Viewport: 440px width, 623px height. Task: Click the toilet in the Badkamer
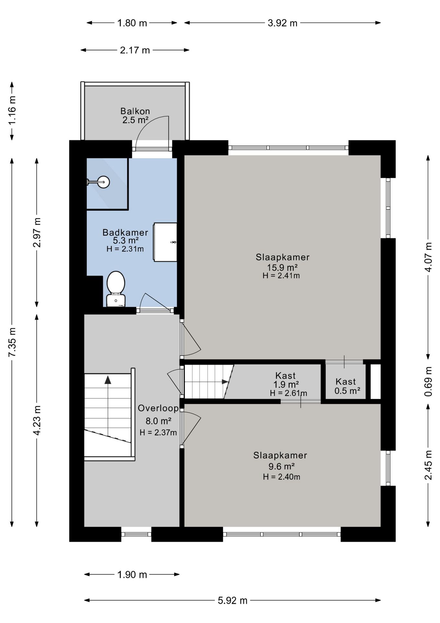pyautogui.click(x=116, y=289)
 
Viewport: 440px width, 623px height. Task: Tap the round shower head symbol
pyautogui.click(x=104, y=182)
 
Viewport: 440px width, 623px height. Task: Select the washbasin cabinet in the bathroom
pyautogui.click(x=165, y=242)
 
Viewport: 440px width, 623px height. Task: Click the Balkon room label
pyautogui.click(x=135, y=111)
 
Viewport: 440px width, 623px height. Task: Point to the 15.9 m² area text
pyautogui.click(x=282, y=267)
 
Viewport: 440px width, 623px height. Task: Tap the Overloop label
pyautogui.click(x=158, y=408)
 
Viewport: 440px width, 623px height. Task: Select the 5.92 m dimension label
pyautogui.click(x=232, y=600)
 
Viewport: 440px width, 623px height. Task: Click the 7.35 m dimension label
pyautogui.click(x=12, y=342)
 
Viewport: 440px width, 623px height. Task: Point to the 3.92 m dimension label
pyautogui.click(x=283, y=23)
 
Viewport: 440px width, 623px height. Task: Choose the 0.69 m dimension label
pyautogui.click(x=428, y=382)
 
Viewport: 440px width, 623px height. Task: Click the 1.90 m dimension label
pyautogui.click(x=132, y=575)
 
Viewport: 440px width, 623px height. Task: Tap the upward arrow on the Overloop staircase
pyautogui.click(x=108, y=380)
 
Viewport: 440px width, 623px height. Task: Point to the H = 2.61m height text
pyautogui.click(x=289, y=393)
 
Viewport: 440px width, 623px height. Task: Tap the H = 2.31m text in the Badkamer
pyautogui.click(x=125, y=249)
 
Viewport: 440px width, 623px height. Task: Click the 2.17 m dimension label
pyautogui.click(x=135, y=50)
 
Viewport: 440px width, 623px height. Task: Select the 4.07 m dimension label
pyautogui.click(x=428, y=257)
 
